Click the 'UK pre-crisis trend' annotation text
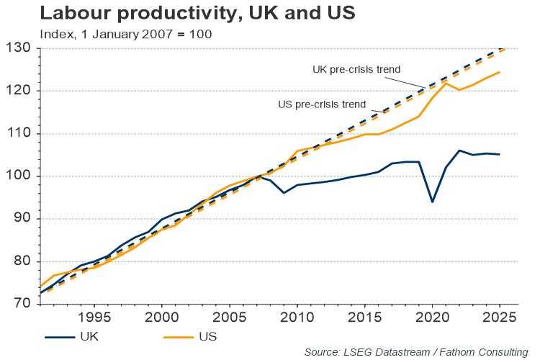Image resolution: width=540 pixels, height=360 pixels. pos(356,70)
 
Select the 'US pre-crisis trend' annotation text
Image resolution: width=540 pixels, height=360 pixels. pos(322,104)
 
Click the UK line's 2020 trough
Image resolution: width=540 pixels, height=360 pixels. pos(432,202)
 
